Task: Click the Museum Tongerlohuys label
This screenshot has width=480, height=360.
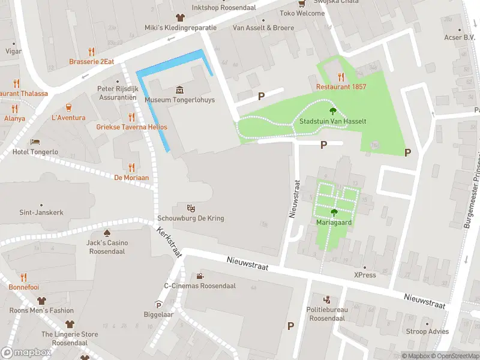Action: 179,100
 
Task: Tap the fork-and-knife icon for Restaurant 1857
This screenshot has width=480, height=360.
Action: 341,76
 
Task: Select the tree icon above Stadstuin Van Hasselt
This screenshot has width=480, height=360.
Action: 332,110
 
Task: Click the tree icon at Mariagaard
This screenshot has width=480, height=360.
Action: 334,212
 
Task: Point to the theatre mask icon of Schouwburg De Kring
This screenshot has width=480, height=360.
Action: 191,208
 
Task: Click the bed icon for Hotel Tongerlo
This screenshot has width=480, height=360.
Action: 35,142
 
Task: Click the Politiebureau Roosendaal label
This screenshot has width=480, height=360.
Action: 326,313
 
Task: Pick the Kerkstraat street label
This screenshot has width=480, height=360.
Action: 170,242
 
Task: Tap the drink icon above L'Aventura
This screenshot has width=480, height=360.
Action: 68,107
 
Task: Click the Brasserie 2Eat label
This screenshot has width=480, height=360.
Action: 91,61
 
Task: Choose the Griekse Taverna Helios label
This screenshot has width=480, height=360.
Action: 131,127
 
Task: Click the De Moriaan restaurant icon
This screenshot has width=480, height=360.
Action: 131,167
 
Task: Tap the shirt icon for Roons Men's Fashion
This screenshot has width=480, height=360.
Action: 41,300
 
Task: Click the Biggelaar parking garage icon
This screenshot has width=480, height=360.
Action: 158,304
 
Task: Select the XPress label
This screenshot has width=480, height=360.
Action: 364,275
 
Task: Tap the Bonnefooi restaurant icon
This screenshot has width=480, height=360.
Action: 23,277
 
